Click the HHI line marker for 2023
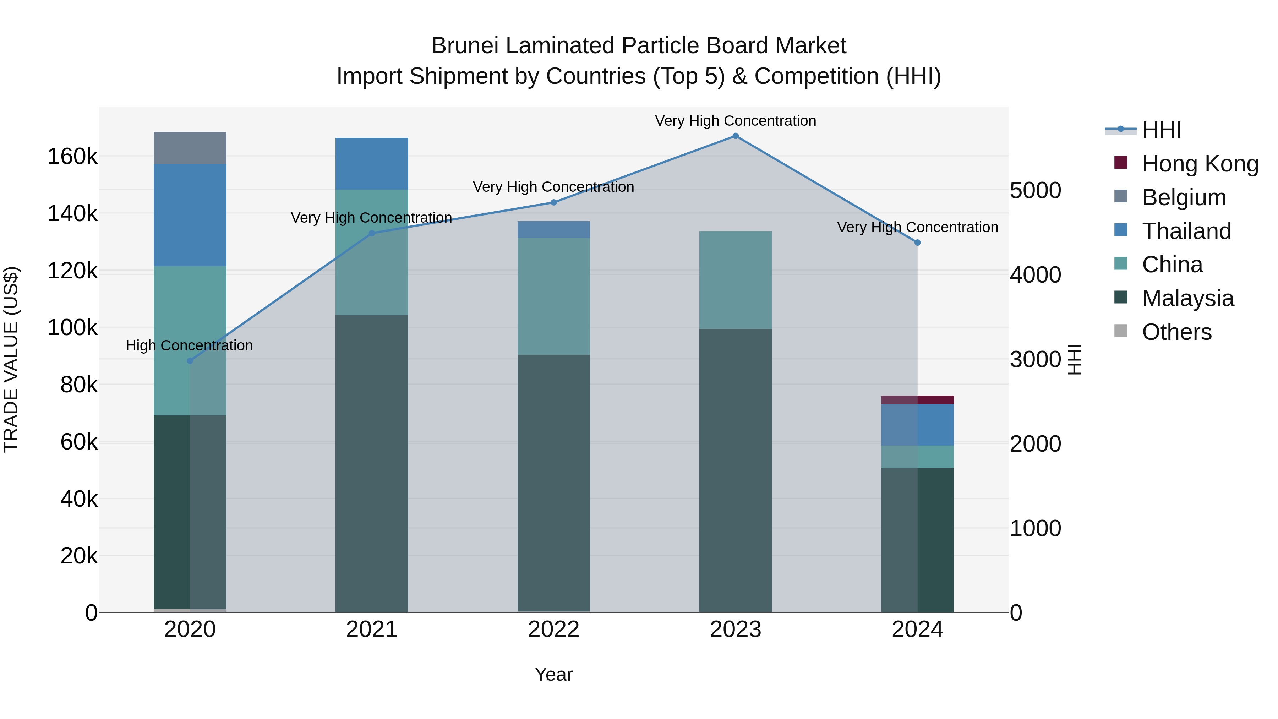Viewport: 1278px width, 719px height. (735, 136)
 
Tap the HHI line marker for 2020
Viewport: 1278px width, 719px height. (190, 361)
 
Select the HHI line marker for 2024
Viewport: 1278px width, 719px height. (917, 243)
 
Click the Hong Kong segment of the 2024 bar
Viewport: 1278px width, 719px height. (917, 400)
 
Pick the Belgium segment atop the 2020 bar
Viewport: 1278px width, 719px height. (190, 148)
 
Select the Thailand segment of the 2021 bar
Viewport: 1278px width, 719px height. (372, 163)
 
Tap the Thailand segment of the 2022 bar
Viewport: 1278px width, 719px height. (554, 229)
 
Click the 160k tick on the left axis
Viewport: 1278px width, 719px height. (72, 157)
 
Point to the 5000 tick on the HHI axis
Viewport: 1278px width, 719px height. (1036, 191)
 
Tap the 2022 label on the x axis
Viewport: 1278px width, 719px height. (554, 630)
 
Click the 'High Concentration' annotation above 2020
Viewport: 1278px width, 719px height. (190, 345)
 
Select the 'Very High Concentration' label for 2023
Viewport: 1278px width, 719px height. (735, 121)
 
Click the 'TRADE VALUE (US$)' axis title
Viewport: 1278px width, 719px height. (11, 359)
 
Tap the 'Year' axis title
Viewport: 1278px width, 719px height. (554, 674)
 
